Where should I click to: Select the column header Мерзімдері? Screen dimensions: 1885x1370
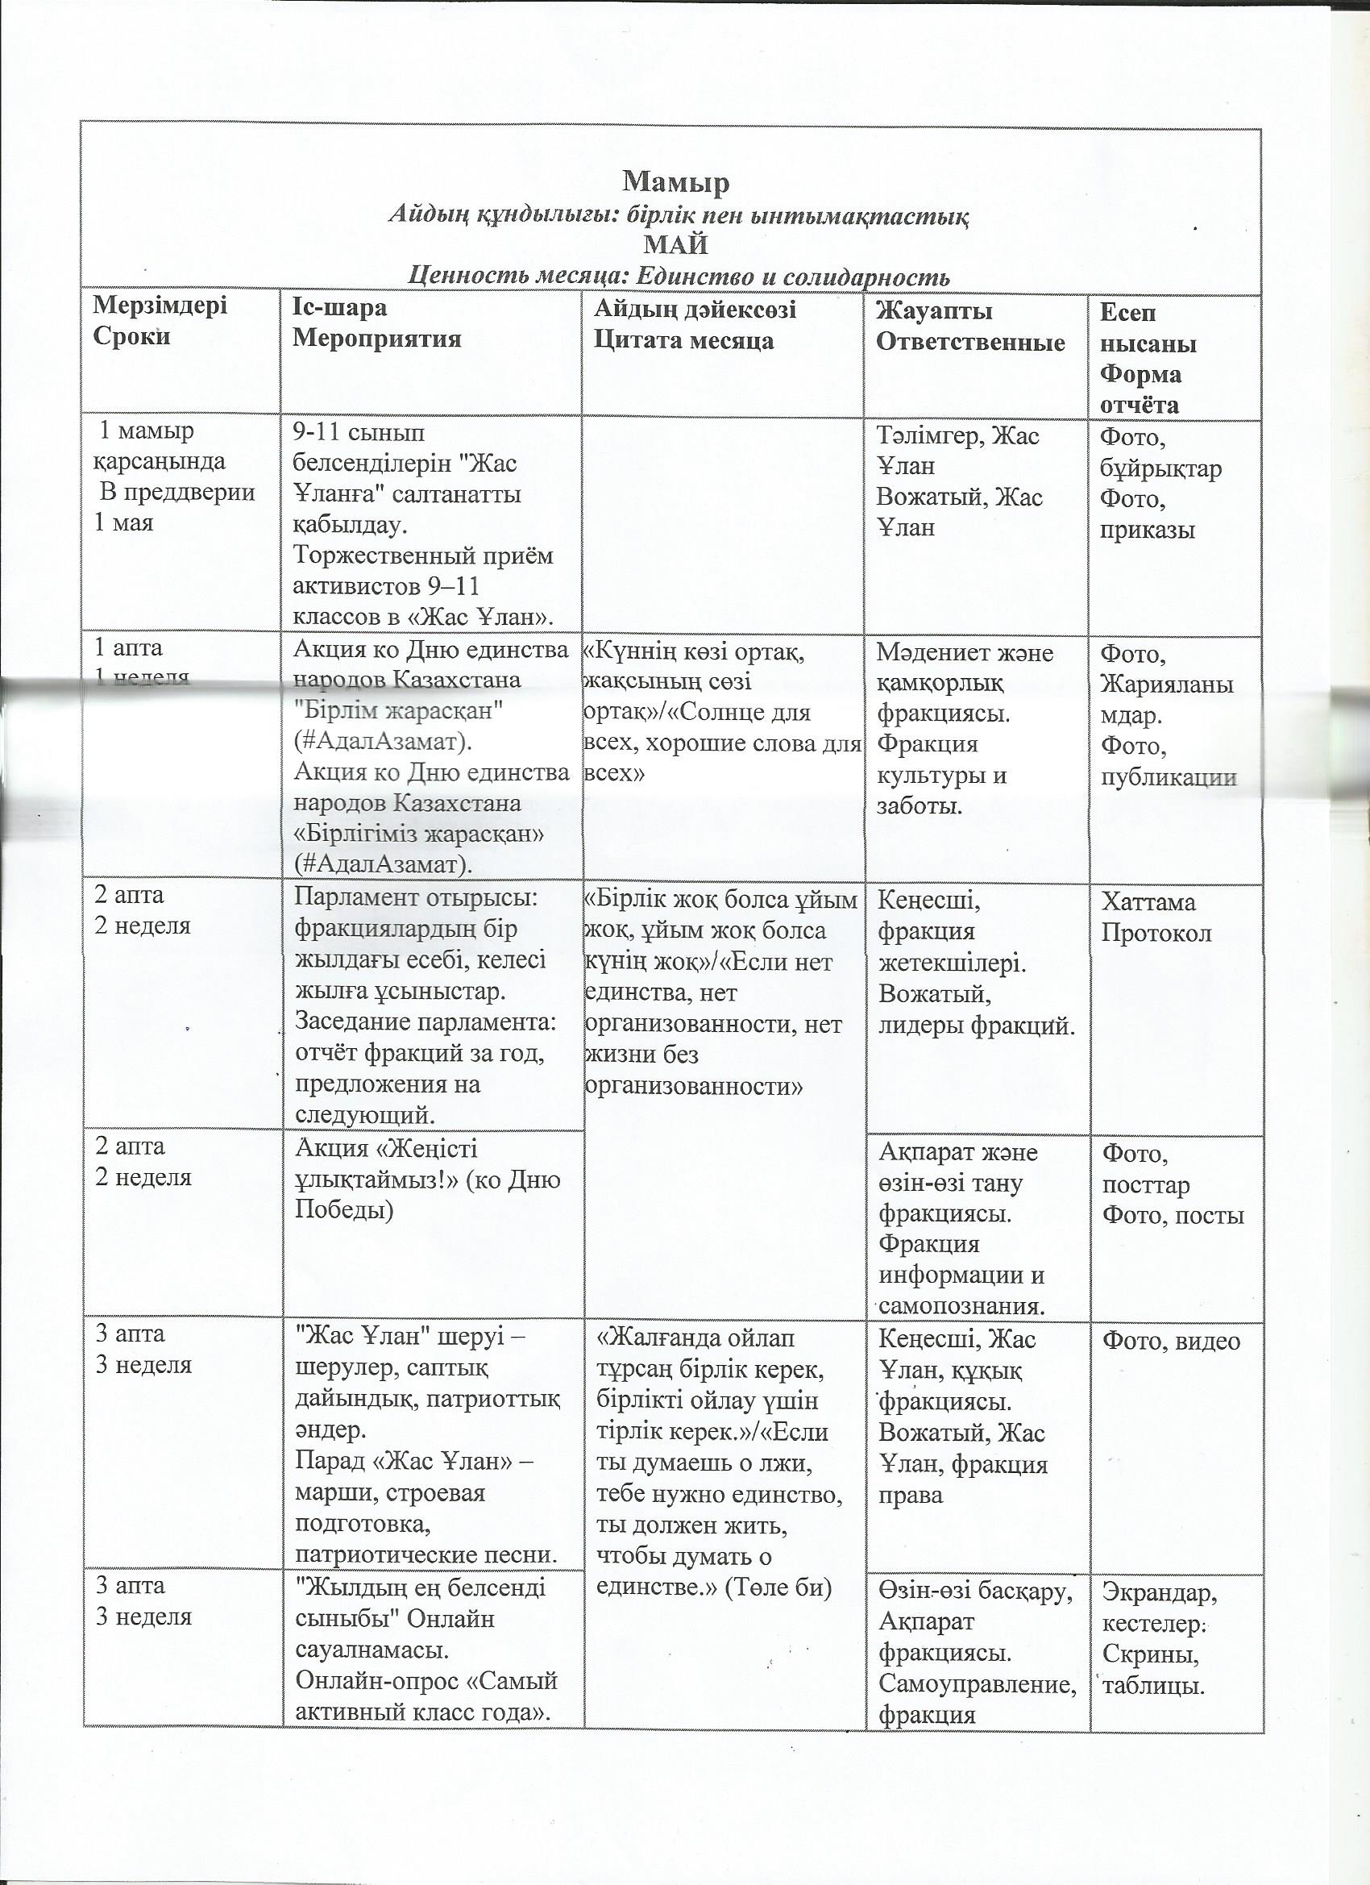[160, 306]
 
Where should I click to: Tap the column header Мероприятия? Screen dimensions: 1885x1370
[378, 339]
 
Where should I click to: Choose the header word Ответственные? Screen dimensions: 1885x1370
[971, 343]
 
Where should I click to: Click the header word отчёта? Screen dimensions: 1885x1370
[1139, 405]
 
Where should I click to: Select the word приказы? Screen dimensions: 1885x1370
[1148, 530]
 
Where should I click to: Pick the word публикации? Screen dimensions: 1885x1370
[1168, 777]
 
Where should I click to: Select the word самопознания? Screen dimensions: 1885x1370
[961, 1305]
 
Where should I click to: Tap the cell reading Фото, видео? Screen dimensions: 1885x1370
[1171, 1342]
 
